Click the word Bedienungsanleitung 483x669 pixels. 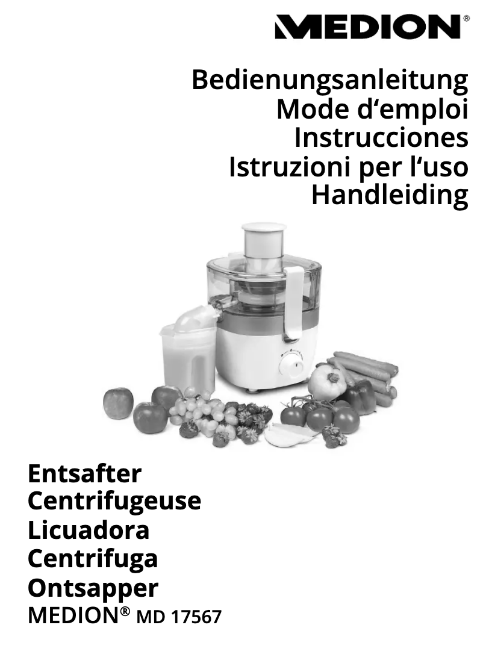[x=329, y=80]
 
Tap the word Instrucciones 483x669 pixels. [x=381, y=138]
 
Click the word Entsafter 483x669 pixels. [x=84, y=474]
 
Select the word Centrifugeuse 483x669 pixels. [x=114, y=501]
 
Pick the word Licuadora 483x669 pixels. [x=89, y=531]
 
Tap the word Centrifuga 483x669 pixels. [x=93, y=559]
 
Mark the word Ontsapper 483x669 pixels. [x=93, y=588]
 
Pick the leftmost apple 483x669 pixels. [x=118, y=402]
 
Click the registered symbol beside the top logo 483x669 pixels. [x=467, y=19]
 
